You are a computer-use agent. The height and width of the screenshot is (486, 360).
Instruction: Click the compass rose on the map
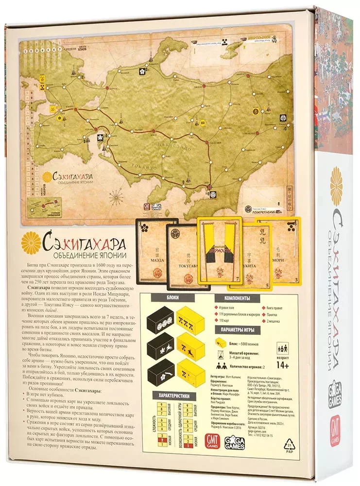[x=116, y=196]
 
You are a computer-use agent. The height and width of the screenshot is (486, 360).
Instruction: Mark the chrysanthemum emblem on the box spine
[x=336, y=186]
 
